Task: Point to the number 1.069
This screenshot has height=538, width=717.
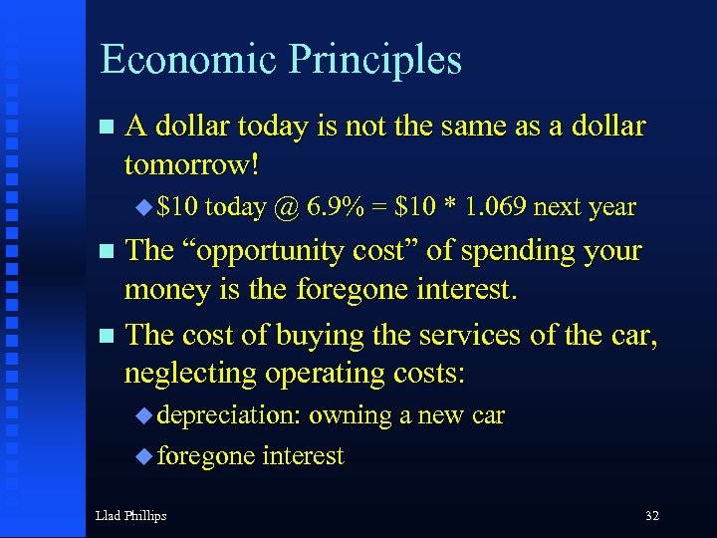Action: (493, 207)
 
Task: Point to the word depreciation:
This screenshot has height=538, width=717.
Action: (229, 414)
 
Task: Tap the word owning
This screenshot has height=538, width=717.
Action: (350, 414)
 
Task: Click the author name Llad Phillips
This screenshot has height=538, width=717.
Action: (130, 515)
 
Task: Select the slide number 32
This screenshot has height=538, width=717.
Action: (651, 515)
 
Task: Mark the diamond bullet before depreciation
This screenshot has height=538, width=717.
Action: (141, 414)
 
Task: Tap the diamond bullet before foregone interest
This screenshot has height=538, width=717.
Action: (141, 456)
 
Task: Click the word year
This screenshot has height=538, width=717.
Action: (611, 207)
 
